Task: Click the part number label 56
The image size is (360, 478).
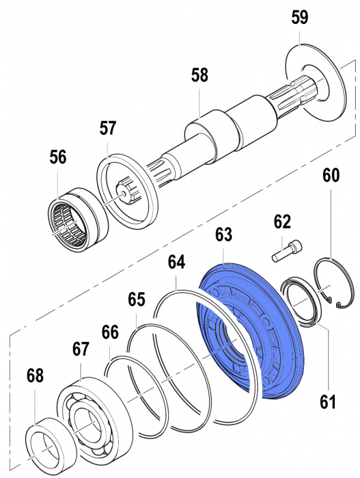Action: [x=58, y=158]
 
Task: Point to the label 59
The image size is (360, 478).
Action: [x=300, y=18]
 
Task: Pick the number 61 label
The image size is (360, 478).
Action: [x=327, y=402]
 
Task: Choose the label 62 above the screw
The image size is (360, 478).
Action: [x=282, y=223]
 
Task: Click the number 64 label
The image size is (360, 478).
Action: [x=176, y=262]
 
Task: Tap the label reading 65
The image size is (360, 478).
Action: [x=137, y=299]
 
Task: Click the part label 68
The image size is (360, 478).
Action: [x=35, y=376]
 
